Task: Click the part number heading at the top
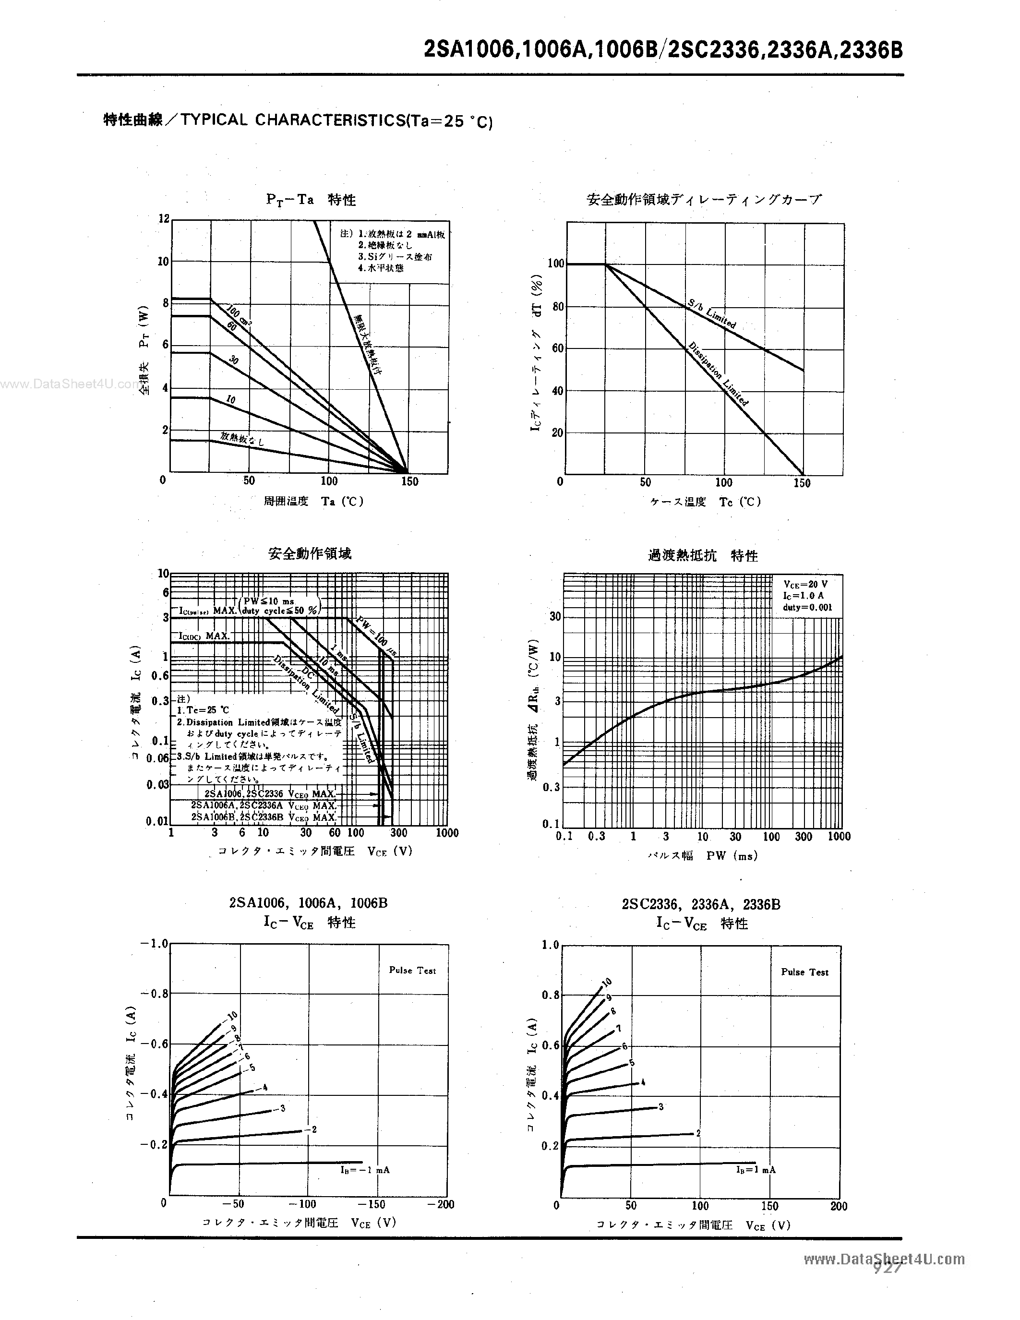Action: click(663, 49)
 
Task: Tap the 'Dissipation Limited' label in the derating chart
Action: click(719, 374)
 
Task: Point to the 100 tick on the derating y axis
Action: click(555, 264)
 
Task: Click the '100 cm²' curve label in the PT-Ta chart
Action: click(239, 315)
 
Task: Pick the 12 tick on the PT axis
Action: click(164, 218)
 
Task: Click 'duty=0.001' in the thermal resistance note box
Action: click(807, 607)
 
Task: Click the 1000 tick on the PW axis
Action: click(839, 837)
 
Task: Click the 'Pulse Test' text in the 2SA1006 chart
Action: click(412, 971)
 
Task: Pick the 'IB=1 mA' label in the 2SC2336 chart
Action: click(756, 1169)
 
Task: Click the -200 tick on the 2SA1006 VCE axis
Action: click(441, 1204)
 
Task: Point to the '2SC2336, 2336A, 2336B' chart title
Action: click(701, 905)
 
